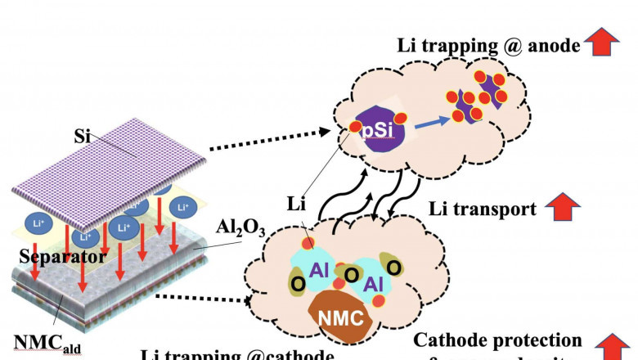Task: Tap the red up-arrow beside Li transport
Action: coord(559,210)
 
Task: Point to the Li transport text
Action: coord(483,210)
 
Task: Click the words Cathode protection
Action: coord(497,340)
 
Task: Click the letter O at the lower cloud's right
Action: coord(393,268)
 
